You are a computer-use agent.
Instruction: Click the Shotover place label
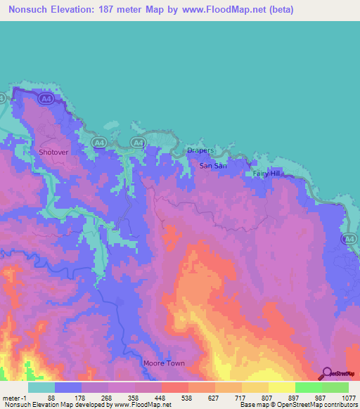coord(52,151)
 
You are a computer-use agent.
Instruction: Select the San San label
coord(213,166)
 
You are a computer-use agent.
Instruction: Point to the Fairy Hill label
coord(266,174)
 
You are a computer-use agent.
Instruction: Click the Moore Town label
coord(163,363)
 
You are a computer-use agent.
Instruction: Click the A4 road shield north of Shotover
coord(46,100)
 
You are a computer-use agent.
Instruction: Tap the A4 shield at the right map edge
coord(349,240)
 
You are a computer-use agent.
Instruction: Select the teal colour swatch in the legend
coord(41,387)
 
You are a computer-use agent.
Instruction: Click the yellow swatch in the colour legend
coord(281,387)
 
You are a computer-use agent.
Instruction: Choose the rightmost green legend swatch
coord(335,387)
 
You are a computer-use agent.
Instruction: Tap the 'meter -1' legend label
coord(14,398)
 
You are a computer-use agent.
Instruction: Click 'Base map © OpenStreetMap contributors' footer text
coord(298,405)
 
